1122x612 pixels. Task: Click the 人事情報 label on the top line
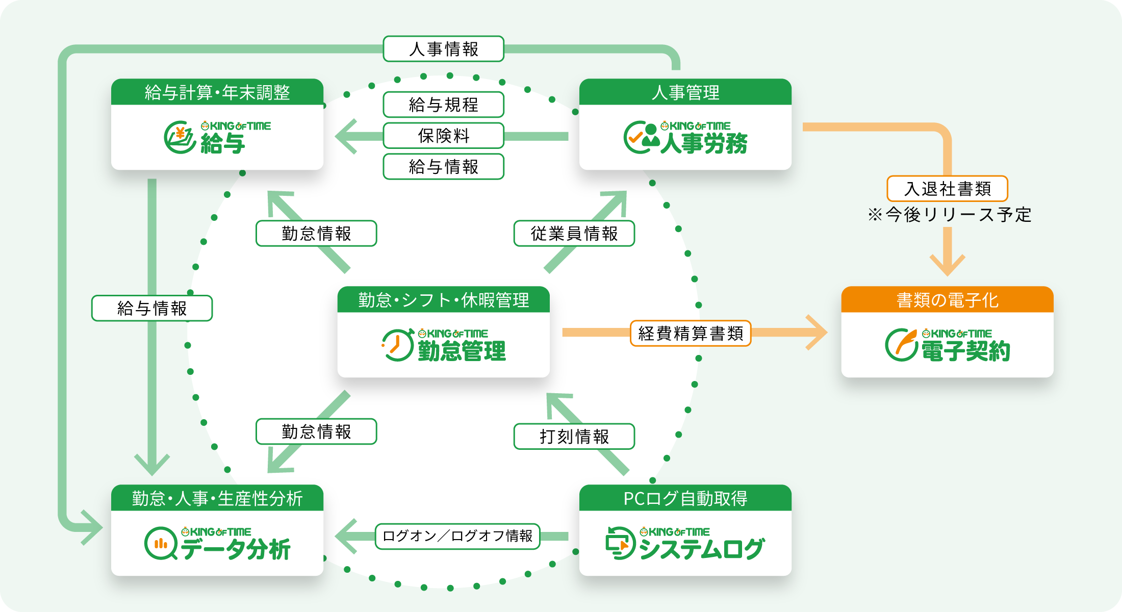coord(443,49)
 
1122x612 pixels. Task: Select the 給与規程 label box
coord(443,105)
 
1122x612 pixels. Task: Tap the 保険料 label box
coord(443,136)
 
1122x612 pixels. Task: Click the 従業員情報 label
coord(574,234)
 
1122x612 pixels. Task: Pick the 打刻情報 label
coord(574,437)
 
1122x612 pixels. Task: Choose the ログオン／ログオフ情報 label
coord(457,536)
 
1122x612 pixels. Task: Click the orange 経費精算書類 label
coord(691,334)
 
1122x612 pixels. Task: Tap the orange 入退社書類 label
coord(947,189)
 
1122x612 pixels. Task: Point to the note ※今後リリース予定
coord(949,215)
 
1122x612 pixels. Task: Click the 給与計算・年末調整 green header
coord(217,92)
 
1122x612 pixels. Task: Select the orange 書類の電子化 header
coord(947,300)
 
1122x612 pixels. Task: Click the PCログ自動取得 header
coord(685,498)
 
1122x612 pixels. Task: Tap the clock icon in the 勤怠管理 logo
coord(397,345)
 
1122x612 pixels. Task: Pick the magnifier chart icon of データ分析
coord(161,544)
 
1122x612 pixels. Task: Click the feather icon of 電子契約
coord(902,344)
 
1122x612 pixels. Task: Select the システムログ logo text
coord(701,549)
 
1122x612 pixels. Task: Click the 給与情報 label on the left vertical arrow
coord(152,308)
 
